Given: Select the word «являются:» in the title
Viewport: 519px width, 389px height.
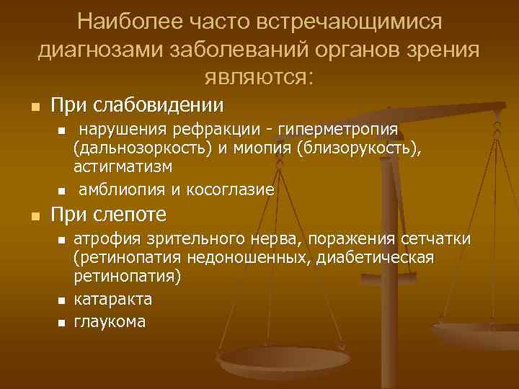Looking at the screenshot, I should [259, 75].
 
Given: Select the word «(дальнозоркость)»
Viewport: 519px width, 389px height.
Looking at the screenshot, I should [140, 148].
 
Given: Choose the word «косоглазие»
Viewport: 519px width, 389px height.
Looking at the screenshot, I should [231, 190].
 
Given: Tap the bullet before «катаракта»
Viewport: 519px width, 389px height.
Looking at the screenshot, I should [61, 300].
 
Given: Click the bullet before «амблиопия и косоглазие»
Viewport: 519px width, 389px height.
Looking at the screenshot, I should [61, 191].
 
